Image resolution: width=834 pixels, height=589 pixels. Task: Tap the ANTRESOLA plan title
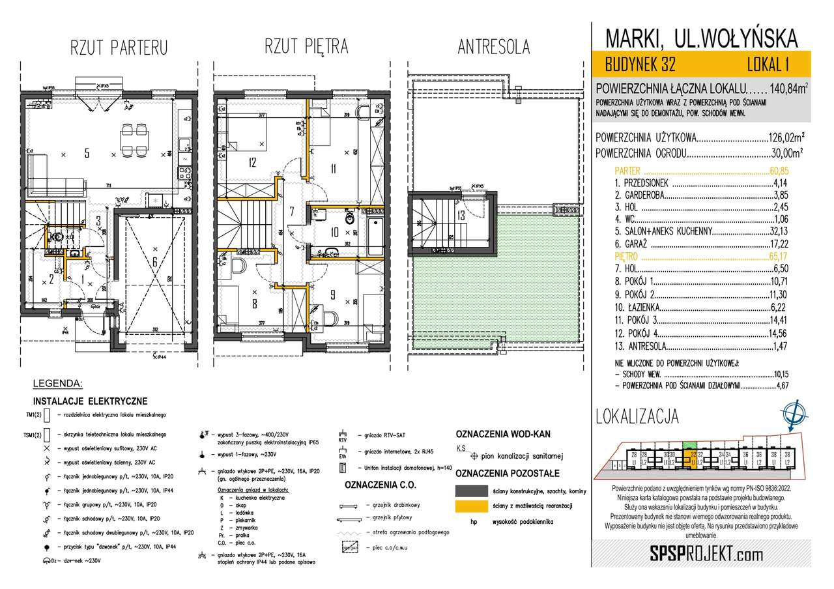[x=493, y=47]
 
